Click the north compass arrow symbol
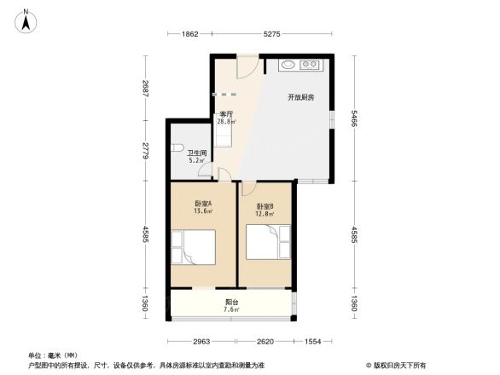[26, 20]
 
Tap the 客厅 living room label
[227, 114]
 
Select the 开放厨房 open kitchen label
[300, 97]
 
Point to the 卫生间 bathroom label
[196, 153]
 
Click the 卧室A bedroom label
[203, 204]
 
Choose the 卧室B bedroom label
[265, 206]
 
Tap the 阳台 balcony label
[231, 302]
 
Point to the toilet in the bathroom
[176, 148]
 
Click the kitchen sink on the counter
[287, 65]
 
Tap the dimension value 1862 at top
[189, 34]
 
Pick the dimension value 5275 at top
[271, 34]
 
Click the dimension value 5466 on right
[352, 119]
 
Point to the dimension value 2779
[146, 151]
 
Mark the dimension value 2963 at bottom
[202, 342]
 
